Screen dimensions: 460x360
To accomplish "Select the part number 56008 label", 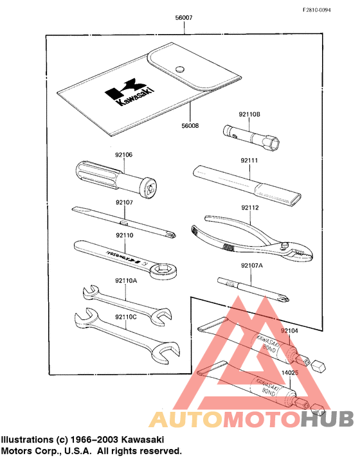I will point(191,126).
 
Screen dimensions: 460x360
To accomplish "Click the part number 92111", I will point(249,159).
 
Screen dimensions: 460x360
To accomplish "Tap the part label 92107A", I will point(251,265).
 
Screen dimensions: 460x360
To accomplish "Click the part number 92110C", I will point(125,316).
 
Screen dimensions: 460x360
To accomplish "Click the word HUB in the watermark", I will point(327,419).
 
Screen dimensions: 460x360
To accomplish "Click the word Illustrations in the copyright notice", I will point(25,439).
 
